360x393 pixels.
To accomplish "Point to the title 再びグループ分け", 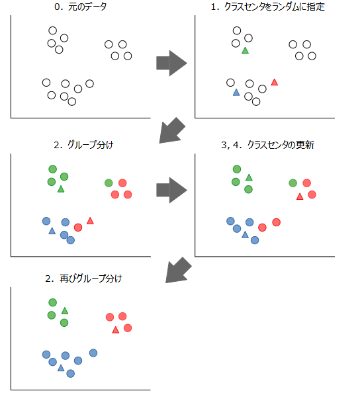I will (83, 279).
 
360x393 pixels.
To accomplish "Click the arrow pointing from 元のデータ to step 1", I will (171, 63).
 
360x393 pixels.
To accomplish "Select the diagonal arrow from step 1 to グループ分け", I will (173, 130).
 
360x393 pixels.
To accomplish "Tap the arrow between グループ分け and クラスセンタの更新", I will (171, 191).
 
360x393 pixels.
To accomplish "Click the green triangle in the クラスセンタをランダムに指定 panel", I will (246, 51).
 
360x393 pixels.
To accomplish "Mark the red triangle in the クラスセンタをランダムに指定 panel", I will (275, 82).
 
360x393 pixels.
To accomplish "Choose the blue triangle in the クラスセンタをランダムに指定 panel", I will (236, 93).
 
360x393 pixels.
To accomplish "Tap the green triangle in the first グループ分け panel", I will (61, 189).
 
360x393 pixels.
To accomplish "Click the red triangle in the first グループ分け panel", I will (91, 220).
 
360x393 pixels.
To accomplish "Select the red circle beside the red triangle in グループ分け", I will (78, 227).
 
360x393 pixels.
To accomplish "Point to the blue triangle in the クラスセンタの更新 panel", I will (245, 234).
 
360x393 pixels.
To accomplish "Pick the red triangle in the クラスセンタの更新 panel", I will (300, 196).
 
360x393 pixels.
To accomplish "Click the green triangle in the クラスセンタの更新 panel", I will (249, 177).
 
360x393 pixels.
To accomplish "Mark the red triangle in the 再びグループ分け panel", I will (116, 329).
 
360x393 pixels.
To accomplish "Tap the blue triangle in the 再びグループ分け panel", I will (61, 367).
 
